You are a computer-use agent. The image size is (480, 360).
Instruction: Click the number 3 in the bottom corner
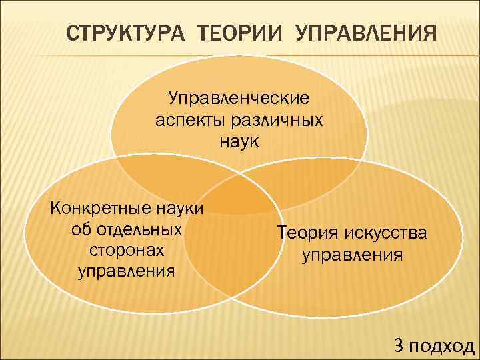[399, 345]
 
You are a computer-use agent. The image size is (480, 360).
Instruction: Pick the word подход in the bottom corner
[442, 345]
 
